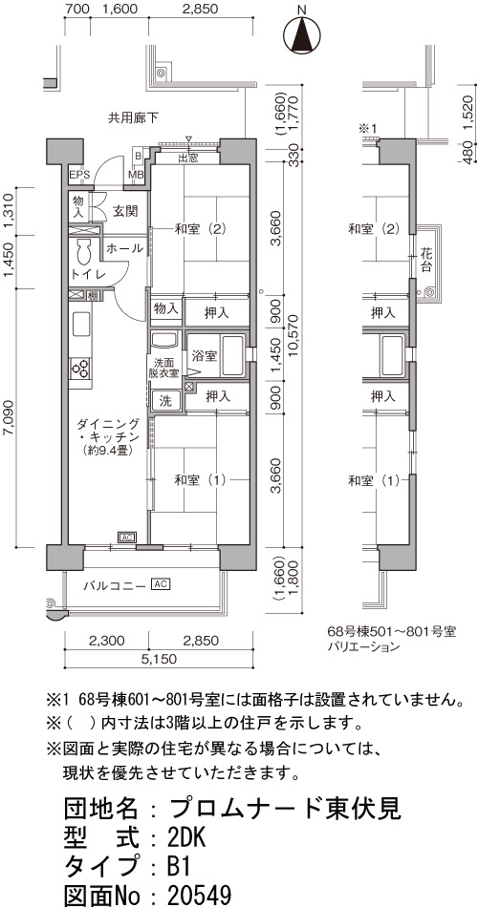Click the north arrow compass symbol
tap(302, 36)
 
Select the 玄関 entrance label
tap(124, 211)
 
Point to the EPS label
tap(79, 175)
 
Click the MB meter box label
tap(137, 175)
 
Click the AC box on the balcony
tap(160, 583)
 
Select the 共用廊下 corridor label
tap(133, 118)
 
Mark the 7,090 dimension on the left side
tap(10, 414)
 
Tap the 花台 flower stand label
tap(426, 259)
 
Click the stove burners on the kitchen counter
tap(80, 368)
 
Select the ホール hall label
tap(124, 249)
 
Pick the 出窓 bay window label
tap(186, 158)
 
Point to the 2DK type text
tap(185, 836)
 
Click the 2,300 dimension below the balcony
tap(106, 641)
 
